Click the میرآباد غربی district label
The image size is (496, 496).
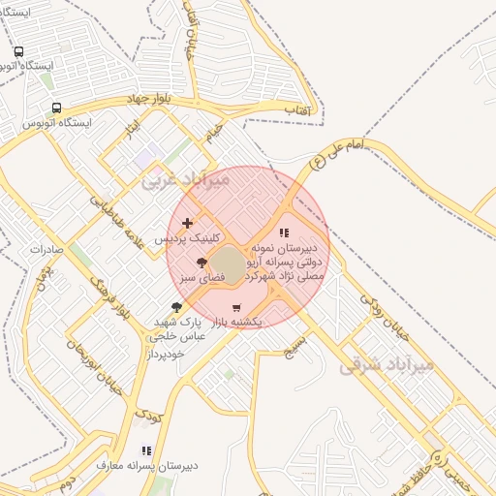[x=187, y=179]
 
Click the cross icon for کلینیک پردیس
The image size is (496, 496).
[x=187, y=224]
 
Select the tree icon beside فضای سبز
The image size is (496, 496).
[x=201, y=263]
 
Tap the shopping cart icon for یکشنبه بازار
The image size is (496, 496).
[x=236, y=308]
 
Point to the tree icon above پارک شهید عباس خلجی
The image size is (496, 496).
[x=175, y=307]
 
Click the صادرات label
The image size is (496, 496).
[x=46, y=249]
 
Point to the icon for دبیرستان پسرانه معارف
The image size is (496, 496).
[x=146, y=450]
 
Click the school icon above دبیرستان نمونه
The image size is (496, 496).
[x=284, y=232]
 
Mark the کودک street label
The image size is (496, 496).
[x=148, y=415]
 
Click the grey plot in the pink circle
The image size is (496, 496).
[x=229, y=264]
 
